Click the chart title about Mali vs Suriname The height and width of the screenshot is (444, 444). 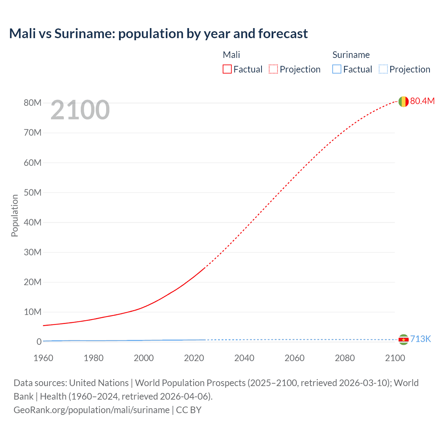158,34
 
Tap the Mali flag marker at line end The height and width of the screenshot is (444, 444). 403,101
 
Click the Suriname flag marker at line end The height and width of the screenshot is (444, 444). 403,339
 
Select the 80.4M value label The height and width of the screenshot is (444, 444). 422,101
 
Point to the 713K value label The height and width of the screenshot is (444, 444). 420,339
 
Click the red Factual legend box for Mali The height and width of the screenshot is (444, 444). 227,69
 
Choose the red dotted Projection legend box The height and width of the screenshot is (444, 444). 273,69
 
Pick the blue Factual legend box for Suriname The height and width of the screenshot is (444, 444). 337,69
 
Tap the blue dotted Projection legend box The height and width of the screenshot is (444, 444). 383,69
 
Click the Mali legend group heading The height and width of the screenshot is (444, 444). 231,55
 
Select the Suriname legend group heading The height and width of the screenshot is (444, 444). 351,55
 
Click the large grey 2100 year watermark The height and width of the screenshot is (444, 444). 80,110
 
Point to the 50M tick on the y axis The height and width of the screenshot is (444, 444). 33,193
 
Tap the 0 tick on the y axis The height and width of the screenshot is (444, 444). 39,342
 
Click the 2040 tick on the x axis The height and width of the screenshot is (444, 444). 244,358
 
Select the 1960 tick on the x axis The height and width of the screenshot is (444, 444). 43,358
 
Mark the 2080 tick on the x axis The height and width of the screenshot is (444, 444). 345,358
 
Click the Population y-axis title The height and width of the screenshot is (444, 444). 15,215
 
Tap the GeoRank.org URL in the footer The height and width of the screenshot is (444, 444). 92,410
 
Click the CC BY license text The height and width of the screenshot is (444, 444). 189,410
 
